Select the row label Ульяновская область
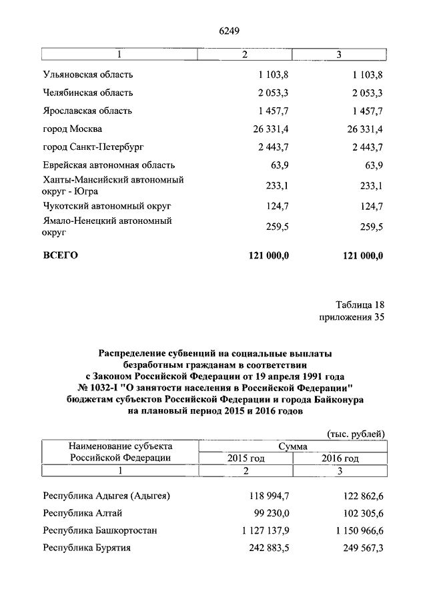coord(87,74)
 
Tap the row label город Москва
coord(72,129)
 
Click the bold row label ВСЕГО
coord(61,255)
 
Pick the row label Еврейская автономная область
coord(108,165)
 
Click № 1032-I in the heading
coord(101,388)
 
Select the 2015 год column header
coord(246,458)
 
